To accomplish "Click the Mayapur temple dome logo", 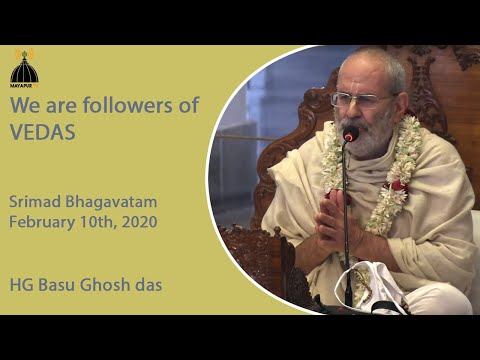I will click(24, 68).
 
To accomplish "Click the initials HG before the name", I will click(24, 285).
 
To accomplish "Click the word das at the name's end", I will click(149, 285).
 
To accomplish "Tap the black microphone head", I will click(350, 133).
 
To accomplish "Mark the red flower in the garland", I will click(399, 186).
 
